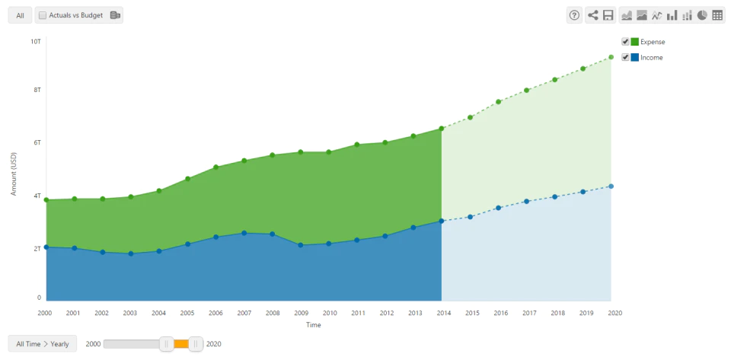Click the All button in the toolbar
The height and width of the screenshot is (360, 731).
(x=20, y=15)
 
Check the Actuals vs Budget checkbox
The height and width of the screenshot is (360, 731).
(x=43, y=15)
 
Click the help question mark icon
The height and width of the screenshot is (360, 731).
(x=574, y=15)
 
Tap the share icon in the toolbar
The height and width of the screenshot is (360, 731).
(x=592, y=15)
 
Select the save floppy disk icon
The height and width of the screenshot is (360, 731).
(x=608, y=15)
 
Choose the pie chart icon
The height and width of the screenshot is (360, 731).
(x=702, y=15)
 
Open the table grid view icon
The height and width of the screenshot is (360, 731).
(x=717, y=15)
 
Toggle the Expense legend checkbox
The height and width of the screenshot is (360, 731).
(x=626, y=42)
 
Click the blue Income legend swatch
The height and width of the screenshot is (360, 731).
(x=635, y=58)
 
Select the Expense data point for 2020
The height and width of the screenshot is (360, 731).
(x=611, y=57)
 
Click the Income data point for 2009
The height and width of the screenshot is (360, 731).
(x=301, y=245)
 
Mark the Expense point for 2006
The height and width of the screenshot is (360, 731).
(x=215, y=167)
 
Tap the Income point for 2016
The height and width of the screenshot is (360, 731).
(x=498, y=208)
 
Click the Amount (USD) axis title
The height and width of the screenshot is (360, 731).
(x=14, y=174)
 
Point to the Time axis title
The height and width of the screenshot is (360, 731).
(x=313, y=325)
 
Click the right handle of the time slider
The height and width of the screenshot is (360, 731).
(x=196, y=344)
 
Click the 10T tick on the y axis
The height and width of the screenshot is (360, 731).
(x=36, y=41)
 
